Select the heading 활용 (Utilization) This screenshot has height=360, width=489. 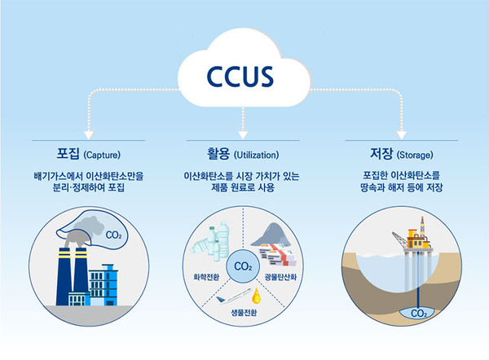pyautogui.click(x=244, y=153)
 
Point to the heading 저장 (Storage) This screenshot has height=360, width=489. pyautogui.click(x=400, y=153)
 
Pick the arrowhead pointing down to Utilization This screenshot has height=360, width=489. pyautogui.click(x=243, y=134)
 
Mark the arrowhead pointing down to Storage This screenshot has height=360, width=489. pyautogui.click(x=400, y=134)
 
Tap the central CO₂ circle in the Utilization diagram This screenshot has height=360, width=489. pyautogui.click(x=242, y=266)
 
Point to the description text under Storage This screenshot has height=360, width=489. pyautogui.click(x=400, y=182)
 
